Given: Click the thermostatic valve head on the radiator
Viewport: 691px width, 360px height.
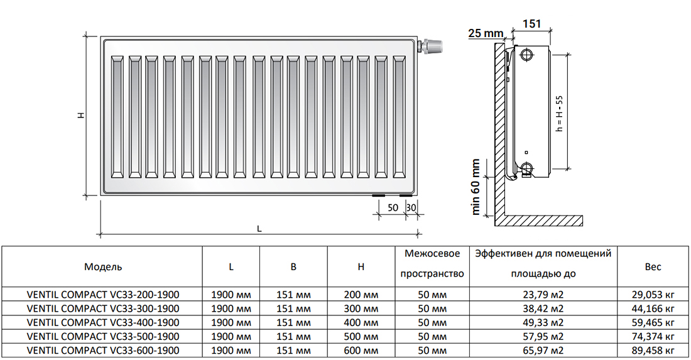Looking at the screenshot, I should coord(433,47).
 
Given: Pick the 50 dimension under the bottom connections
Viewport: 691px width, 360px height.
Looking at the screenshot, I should coord(393,207).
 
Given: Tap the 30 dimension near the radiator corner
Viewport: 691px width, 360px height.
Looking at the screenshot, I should coord(411,207).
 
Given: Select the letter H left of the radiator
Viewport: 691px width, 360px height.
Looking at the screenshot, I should coord(81,116).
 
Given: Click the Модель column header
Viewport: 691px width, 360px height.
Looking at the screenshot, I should coord(103,266).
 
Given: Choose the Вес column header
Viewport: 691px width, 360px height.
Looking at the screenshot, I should coord(653,266).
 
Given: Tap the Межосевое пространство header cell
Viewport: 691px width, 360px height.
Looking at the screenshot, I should coord(432,264).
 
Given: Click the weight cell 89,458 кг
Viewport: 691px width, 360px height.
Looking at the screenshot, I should coord(653,351).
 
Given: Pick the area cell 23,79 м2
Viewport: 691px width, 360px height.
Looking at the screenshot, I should coord(543,295).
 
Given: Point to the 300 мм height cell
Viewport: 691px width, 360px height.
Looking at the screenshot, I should coord(361,308).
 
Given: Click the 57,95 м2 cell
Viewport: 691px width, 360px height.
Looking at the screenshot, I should coord(543,337).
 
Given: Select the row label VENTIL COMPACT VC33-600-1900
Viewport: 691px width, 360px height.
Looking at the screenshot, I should coord(103,351).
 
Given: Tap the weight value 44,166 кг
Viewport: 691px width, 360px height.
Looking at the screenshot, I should coord(653,308).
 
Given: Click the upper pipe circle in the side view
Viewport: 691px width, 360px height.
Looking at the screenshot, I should coord(526,55).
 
